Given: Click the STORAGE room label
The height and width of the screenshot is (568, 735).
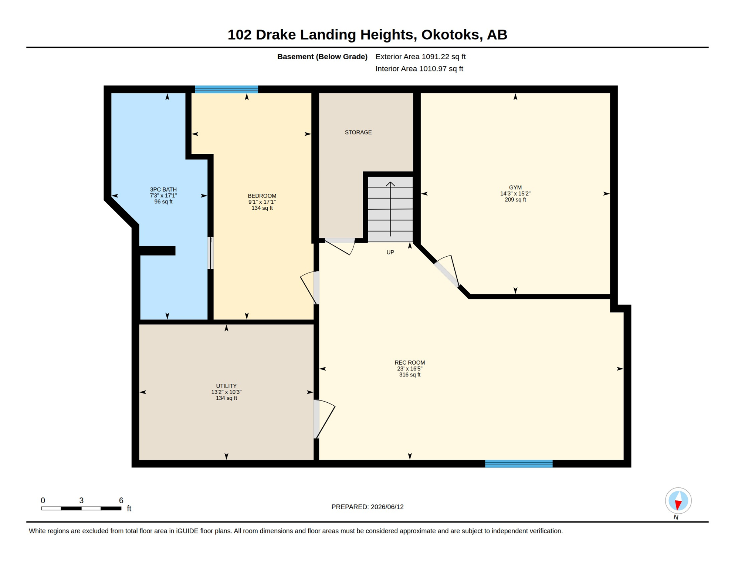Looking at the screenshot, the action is click(x=358, y=132).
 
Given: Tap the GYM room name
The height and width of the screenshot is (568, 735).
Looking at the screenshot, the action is click(x=515, y=187).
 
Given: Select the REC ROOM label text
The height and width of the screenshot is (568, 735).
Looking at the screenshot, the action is click(x=410, y=363).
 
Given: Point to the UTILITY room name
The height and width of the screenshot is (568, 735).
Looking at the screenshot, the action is click(x=226, y=386).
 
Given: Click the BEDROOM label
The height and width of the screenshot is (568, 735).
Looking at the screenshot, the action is click(x=262, y=196).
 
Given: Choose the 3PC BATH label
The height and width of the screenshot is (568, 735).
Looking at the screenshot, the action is click(x=163, y=190).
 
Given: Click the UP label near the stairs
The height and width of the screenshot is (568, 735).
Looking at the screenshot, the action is click(x=390, y=253).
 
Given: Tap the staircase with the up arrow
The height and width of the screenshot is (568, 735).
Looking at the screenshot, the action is click(x=390, y=209).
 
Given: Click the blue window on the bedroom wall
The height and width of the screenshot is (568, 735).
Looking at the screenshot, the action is click(x=226, y=89).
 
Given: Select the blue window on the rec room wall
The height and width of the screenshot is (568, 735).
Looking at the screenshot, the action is click(x=519, y=464).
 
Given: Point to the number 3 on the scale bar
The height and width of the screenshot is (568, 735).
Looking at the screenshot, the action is click(x=81, y=500).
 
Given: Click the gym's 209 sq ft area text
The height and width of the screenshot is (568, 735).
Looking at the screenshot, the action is click(x=515, y=200).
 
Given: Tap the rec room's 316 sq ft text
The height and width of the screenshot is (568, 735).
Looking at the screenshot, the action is click(x=410, y=375).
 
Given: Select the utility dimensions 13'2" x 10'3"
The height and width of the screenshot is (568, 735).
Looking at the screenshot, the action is click(x=226, y=392).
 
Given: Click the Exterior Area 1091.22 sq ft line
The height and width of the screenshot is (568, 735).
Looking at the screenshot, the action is click(x=420, y=57).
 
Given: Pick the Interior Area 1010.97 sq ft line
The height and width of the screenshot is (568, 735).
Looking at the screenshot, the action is click(x=419, y=69).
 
